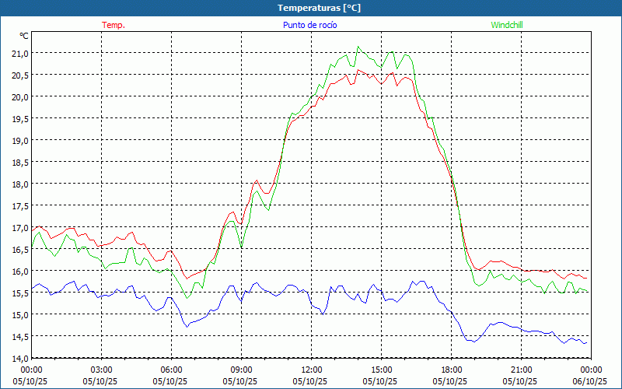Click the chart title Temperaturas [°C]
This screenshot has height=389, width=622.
319,8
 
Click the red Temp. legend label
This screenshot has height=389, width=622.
114,25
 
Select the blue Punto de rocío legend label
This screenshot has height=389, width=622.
309,25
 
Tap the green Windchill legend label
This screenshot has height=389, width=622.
507,25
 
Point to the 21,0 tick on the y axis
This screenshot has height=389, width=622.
19,53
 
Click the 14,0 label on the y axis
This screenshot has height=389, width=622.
19,358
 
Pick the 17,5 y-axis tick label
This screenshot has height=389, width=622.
19,205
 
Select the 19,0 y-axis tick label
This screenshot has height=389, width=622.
19,140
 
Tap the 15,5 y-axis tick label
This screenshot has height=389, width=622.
19,293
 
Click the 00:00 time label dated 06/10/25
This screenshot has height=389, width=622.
591,370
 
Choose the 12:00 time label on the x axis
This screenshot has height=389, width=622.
311,370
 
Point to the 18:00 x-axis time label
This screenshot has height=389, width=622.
451,370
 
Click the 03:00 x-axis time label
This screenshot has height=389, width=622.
101,370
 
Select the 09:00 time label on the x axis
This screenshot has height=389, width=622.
241,370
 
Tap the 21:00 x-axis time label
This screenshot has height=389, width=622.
521,370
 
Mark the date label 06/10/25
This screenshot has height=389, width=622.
591,381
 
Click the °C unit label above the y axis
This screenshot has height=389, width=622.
24,36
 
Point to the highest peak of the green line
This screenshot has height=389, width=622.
358,47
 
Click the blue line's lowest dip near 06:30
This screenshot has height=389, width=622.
187,326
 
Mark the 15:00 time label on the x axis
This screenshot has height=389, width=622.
381,370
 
